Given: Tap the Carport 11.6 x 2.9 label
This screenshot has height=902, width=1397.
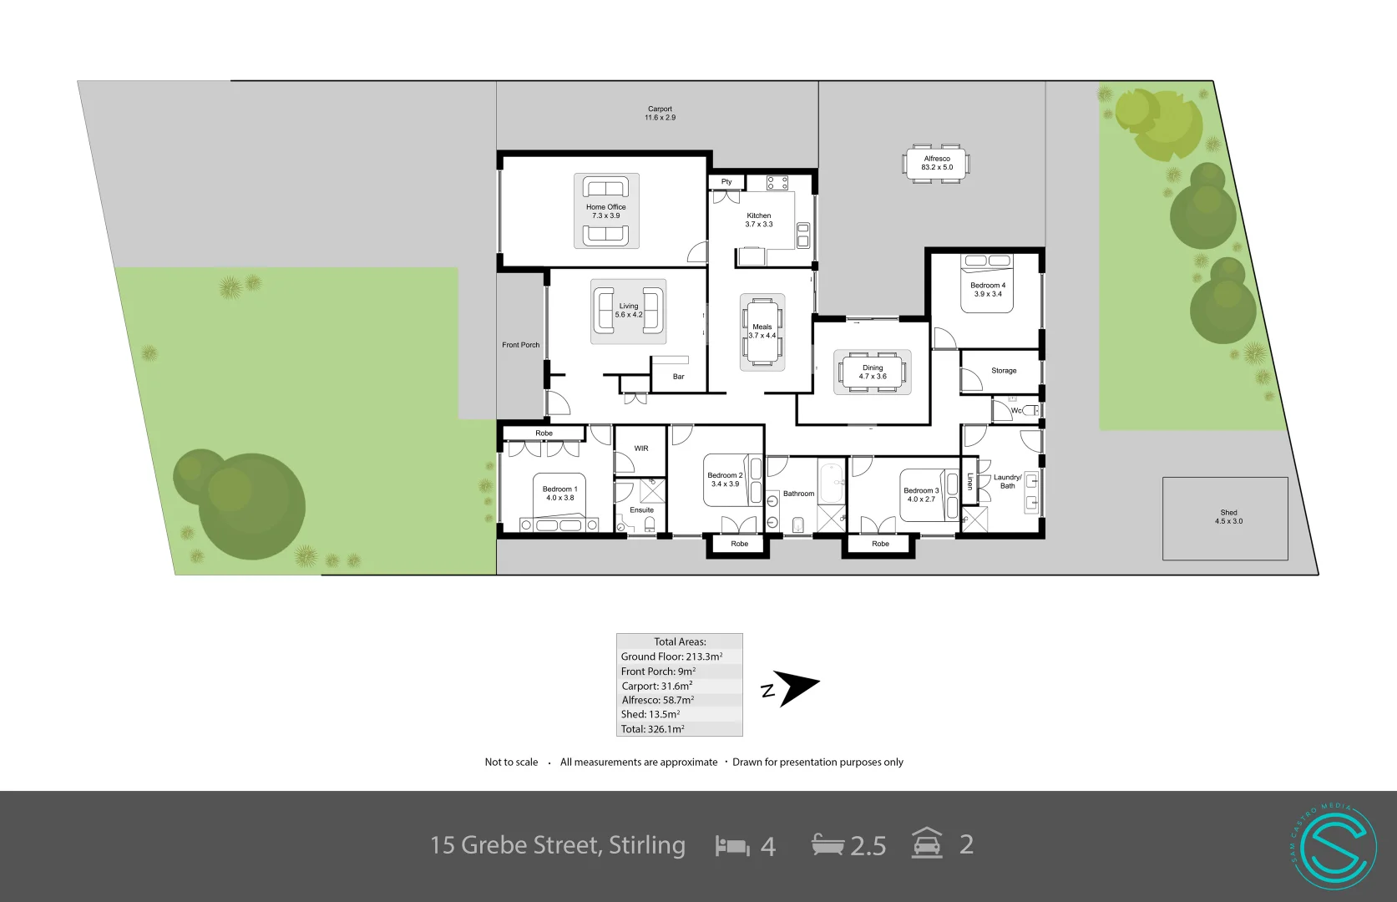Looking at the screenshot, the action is pyautogui.click(x=660, y=114).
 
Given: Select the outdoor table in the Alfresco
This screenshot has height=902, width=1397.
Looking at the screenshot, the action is pyautogui.click(x=936, y=163).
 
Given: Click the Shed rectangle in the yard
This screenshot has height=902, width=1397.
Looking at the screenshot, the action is pyautogui.click(x=1225, y=518).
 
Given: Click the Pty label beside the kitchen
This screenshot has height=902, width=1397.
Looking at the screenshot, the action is pyautogui.click(x=726, y=181).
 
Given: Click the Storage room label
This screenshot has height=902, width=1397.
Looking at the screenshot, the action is pyautogui.click(x=1004, y=371).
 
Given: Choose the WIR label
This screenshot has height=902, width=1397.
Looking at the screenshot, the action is pyautogui.click(x=640, y=448).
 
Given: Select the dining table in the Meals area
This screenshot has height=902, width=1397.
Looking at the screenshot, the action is pyautogui.click(x=762, y=332).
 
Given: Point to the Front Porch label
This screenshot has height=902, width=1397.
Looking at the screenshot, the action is pyautogui.click(x=520, y=345).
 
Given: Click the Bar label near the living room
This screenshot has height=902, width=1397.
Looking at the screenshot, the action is pyautogui.click(x=678, y=377).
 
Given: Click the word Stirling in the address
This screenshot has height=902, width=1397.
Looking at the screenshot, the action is pyautogui.click(x=646, y=845).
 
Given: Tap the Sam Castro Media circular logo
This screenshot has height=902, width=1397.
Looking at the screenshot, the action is pyautogui.click(x=1333, y=845).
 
